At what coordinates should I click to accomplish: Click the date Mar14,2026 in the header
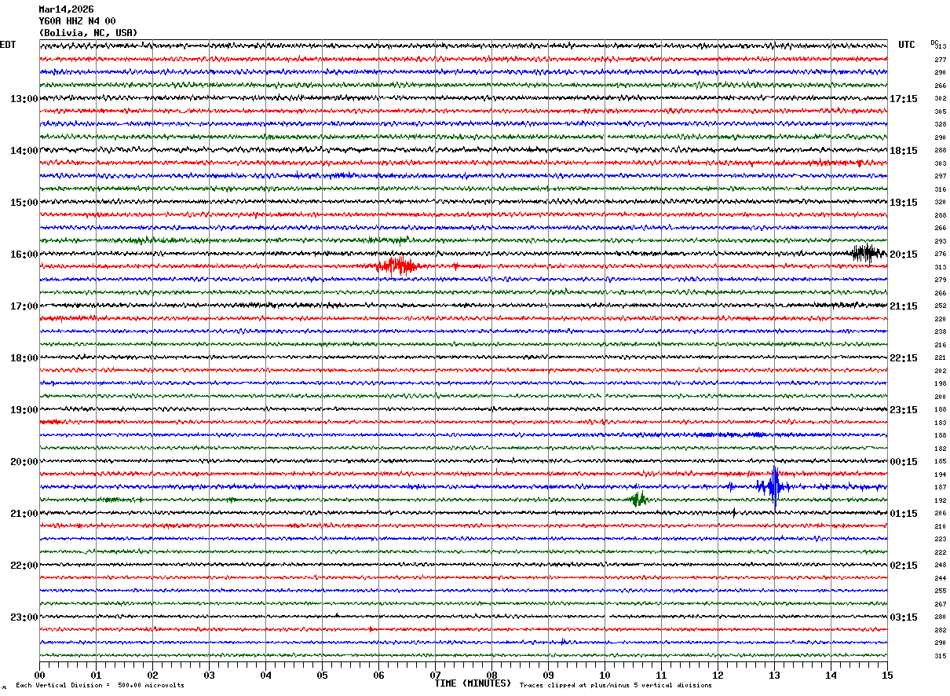coord(66,9)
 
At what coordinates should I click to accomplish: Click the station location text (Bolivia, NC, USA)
coord(88,33)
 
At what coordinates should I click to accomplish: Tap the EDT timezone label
coord(8,45)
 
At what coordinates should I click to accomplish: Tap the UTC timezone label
coord(907,45)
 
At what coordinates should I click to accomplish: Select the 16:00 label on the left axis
coord(24,255)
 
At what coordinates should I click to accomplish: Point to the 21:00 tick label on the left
coord(24,514)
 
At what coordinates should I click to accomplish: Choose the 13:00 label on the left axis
coord(24,99)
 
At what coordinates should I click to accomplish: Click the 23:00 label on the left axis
coord(24,617)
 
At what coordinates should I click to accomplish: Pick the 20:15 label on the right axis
coord(904,255)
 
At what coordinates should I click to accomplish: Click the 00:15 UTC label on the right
coord(904,462)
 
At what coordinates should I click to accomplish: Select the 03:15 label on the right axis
coord(904,617)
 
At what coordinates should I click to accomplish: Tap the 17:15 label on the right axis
coord(904,99)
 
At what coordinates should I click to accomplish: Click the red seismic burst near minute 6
coord(399,266)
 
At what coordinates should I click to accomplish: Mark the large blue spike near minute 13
coord(775,486)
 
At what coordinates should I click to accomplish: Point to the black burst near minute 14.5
coord(867,253)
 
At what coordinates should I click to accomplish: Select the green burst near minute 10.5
coord(638,499)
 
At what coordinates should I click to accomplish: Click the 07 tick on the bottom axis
coord(435,675)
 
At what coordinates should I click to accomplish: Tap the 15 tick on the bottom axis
coord(887,675)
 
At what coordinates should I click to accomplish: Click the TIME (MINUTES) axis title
coord(473,683)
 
